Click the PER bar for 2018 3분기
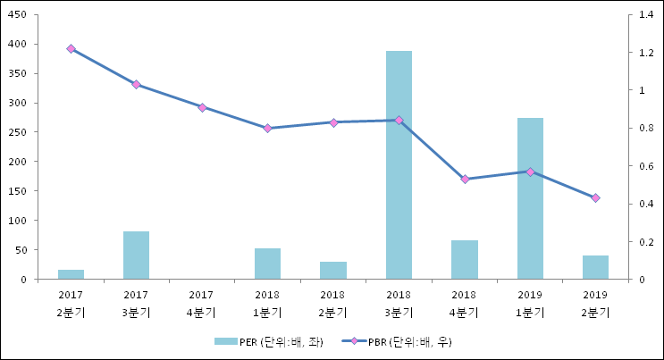399,165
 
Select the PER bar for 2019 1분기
530,198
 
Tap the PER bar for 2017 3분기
136,255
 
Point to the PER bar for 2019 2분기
595,267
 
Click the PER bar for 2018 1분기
267,264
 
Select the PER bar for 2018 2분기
332,270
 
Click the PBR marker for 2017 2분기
71,49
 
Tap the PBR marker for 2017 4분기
202,107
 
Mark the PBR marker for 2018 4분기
465,180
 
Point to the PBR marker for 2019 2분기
595,198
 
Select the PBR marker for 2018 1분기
267,129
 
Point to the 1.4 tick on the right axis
644,15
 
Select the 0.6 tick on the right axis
644,166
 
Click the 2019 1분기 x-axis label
530,304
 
